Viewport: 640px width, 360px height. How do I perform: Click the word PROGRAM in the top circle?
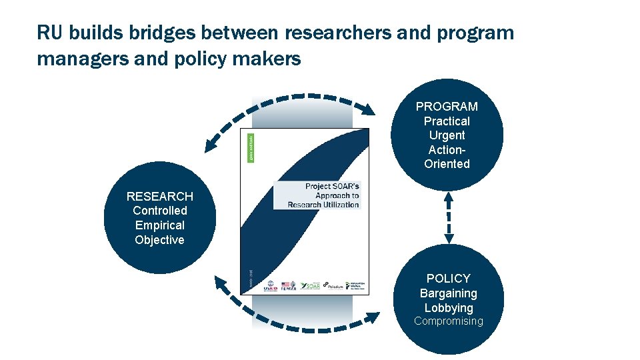coord(447,107)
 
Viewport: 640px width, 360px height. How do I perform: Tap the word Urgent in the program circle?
coord(447,135)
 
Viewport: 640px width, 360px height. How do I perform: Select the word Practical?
coord(447,121)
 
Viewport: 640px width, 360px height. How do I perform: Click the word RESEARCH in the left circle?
coord(160,197)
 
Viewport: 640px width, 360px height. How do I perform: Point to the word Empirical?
coord(160,225)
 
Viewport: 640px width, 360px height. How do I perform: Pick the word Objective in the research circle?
coord(160,240)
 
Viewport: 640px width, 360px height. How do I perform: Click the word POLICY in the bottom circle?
coord(449,279)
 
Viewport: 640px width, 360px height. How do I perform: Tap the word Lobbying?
coord(449,308)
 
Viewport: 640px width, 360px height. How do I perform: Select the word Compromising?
coord(449,321)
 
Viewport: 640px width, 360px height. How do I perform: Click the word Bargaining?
coord(449,293)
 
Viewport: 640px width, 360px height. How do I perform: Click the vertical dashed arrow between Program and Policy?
coord(448,217)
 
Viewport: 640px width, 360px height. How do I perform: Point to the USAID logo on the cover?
coord(270,286)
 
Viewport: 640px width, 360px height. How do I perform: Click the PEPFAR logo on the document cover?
coord(289,286)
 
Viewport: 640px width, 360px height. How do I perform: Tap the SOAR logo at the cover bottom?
coord(310,285)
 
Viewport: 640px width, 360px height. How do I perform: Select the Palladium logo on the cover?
coord(334,285)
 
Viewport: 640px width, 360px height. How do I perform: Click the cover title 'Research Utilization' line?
coord(323,205)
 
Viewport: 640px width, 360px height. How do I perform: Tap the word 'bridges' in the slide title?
coord(141,33)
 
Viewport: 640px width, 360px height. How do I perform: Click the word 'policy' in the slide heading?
coord(215,59)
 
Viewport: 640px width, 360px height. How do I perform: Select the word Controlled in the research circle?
coord(160,211)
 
